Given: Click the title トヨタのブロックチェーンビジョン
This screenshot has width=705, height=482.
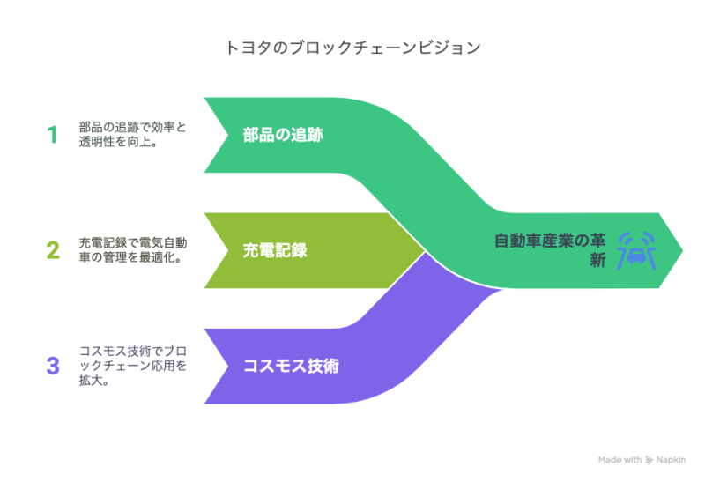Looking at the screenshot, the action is (353, 48).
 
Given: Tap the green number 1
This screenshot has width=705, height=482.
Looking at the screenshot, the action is (53, 135).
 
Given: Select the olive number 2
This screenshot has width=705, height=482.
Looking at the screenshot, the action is (53, 250).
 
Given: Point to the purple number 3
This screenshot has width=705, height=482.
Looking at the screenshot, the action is (53, 366).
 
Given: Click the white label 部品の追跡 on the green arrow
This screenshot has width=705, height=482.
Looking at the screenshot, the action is (283, 135).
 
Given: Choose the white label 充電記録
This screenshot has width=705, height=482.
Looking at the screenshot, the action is (275, 250).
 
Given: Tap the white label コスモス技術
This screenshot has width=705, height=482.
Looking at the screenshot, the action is (291, 366).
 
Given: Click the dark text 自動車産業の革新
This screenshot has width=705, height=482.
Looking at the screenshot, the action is (550, 250).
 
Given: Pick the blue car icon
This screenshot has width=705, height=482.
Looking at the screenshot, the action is (636, 250).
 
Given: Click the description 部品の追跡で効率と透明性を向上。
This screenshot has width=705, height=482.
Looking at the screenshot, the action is (133, 135).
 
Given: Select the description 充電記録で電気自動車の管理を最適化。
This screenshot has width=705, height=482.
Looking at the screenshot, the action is (133, 250).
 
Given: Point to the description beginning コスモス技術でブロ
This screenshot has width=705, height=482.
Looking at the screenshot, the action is (133, 366).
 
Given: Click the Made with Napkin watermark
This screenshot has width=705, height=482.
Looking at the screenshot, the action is (642, 459).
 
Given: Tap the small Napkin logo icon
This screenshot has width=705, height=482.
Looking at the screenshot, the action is (649, 460).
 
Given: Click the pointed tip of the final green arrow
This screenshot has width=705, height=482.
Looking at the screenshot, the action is (682, 250).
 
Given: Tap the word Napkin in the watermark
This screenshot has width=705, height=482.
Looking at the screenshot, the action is (671, 459).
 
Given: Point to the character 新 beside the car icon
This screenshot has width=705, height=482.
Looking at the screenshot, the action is (598, 260).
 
